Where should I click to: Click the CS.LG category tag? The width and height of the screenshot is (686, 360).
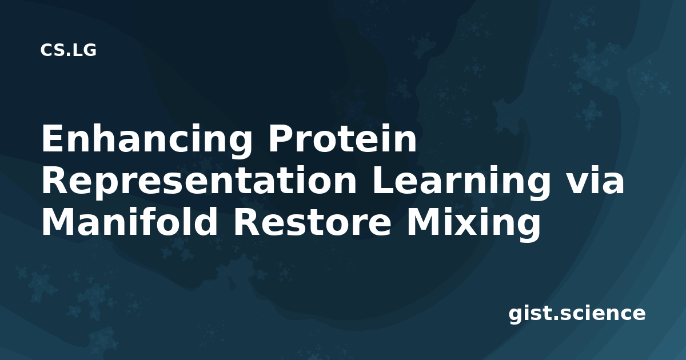click(68, 50)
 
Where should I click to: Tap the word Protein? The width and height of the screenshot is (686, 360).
click(342, 138)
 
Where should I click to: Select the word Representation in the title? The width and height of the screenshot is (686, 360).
click(199, 181)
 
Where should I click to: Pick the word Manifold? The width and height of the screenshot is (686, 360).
click(129, 221)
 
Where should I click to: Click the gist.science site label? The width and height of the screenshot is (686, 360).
click(577, 314)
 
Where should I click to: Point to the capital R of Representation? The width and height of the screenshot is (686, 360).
click(54, 181)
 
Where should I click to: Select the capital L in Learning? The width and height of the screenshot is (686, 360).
click(383, 181)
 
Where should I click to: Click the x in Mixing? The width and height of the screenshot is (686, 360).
click(466, 226)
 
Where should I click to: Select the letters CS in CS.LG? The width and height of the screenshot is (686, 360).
click(53, 50)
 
